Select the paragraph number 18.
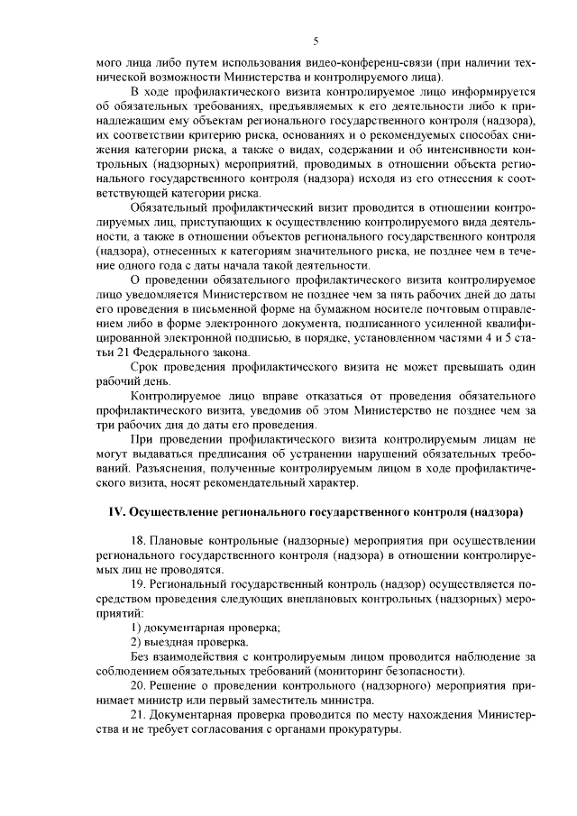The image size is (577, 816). tap(138, 540)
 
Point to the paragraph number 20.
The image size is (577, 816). tap(138, 685)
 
